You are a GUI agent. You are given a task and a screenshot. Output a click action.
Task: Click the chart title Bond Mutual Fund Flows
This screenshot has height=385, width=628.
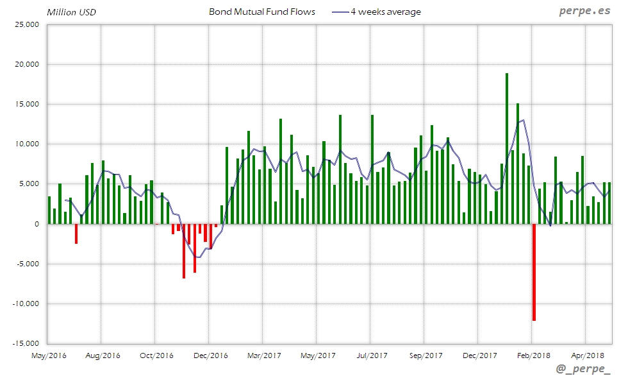(261, 12)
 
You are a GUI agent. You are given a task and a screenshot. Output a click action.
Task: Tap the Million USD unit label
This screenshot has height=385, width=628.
(71, 12)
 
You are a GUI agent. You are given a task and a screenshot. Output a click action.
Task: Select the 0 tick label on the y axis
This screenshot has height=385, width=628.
(37, 224)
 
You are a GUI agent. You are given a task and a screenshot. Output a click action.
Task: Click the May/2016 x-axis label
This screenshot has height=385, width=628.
(49, 355)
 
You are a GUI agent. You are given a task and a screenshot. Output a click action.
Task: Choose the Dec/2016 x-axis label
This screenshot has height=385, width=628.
(210, 355)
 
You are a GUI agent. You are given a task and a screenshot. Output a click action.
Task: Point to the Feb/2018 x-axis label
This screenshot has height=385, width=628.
(533, 355)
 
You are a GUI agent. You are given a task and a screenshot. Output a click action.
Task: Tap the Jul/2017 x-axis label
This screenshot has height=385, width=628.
(372, 355)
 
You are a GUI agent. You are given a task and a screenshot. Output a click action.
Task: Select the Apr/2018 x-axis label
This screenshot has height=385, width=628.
(587, 355)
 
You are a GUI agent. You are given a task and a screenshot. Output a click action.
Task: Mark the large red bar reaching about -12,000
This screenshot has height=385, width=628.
(533, 272)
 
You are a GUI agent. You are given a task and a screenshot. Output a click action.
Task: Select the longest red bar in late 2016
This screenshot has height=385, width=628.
(184, 251)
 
